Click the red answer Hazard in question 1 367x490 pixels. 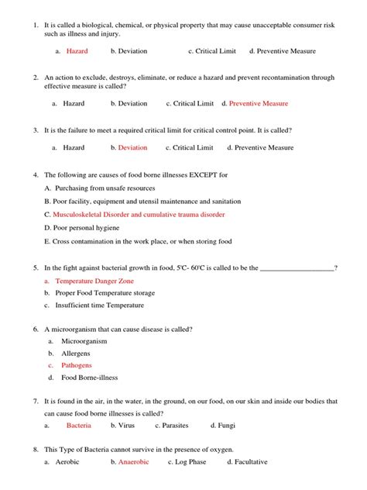77,51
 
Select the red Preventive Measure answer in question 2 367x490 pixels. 259,103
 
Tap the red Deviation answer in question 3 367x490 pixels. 132,147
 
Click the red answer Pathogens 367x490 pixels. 77,365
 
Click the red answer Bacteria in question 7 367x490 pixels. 79,426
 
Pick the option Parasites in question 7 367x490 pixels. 177,426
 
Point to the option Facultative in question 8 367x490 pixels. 252,462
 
